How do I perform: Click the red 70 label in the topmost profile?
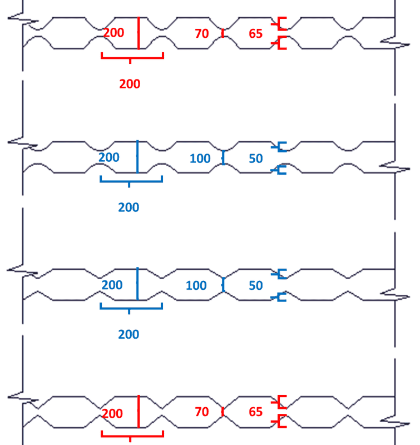coord(201,34)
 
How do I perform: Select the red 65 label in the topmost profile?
coord(255,34)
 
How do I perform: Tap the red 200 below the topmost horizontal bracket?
coord(130,84)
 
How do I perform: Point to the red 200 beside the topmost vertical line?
coord(113,33)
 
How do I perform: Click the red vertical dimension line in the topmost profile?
coord(139,33)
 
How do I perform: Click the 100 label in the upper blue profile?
coord(200,159)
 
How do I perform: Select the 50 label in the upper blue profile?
coord(255,159)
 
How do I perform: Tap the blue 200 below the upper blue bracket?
coord(129,207)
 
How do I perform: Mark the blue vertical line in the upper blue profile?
coord(137,157)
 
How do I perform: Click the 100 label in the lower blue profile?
coord(196,286)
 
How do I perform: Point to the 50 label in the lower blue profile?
coord(255,286)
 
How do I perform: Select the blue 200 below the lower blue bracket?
coord(129,334)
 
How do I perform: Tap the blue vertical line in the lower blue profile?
coord(137,284)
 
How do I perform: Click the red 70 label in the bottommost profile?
coord(201,412)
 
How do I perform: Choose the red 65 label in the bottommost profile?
coord(255,412)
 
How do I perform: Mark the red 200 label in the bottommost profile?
coord(112,414)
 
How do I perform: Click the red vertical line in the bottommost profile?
coord(139,412)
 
